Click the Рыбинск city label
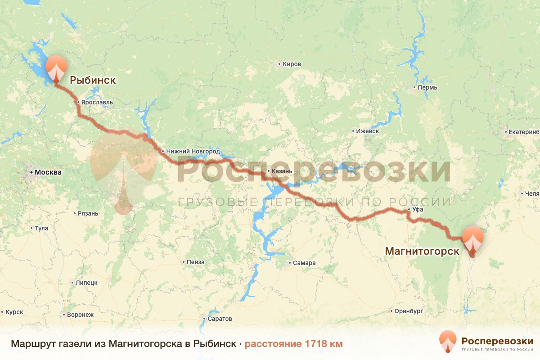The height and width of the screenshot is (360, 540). click(93, 81)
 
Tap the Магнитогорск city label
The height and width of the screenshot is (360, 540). click(422, 251)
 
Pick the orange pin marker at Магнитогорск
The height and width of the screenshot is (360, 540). click(472, 239)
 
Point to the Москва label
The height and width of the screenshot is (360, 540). click(48, 172)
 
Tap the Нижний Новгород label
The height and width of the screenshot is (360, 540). click(193, 151)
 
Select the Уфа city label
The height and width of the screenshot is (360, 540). click(418, 210)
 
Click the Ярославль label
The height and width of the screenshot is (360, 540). click(97, 102)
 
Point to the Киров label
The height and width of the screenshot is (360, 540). click(292, 64)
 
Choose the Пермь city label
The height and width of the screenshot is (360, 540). click(427, 87)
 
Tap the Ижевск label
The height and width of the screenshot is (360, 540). click(367, 131)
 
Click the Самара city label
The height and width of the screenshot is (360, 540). click(304, 263)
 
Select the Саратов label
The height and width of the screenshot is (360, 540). click(220, 319)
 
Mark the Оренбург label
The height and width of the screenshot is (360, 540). click(409, 311)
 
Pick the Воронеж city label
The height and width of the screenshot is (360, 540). click(80, 315)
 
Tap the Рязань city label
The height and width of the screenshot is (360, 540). click(87, 213)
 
